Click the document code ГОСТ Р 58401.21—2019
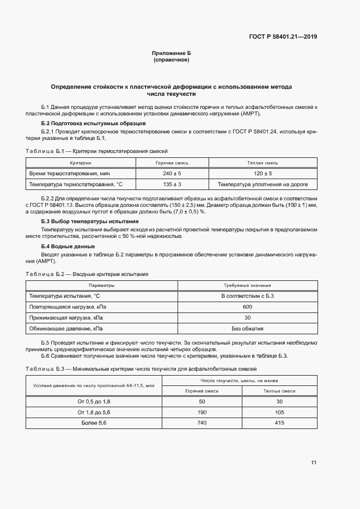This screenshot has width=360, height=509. click(283, 37)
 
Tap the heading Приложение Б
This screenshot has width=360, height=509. click(172, 53)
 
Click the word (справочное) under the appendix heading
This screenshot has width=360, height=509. click(172, 60)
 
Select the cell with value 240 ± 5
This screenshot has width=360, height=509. click(172, 173)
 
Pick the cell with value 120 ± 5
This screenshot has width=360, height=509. click(263, 173)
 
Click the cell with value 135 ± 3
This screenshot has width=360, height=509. click(172, 184)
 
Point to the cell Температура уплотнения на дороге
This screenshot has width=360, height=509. click(263, 184)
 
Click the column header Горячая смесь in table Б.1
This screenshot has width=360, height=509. click(172, 163)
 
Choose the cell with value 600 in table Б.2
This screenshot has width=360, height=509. click(248, 307)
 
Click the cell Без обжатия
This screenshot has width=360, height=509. click(248, 328)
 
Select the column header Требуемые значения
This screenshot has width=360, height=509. click(248, 285)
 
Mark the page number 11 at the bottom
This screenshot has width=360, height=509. click(314, 463)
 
